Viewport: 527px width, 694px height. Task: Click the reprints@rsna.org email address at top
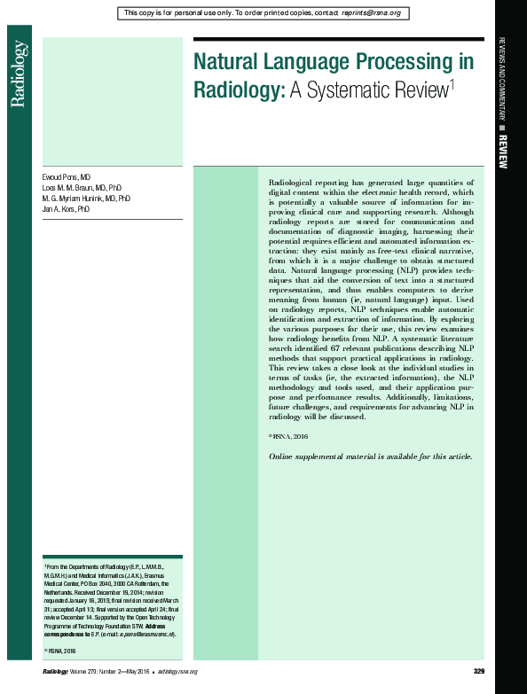click(x=371, y=13)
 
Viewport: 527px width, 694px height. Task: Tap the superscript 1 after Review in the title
click(x=452, y=83)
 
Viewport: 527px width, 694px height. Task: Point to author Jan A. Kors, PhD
click(x=67, y=209)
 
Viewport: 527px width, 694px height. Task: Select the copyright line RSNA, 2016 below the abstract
click(x=289, y=437)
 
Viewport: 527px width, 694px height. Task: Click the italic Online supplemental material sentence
click(x=371, y=456)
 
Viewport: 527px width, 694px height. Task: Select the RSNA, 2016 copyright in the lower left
click(x=65, y=651)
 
